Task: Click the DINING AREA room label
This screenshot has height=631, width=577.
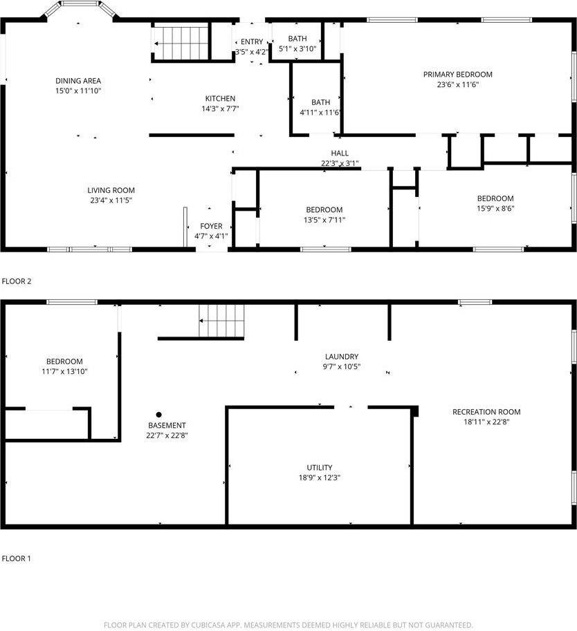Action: pos(78,81)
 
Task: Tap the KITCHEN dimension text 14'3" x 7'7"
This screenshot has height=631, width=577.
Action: pos(220,109)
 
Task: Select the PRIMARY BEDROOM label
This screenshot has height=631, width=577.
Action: pos(458,75)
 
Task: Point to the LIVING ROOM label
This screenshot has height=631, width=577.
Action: pos(111,190)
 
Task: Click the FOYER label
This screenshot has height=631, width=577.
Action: pos(212,226)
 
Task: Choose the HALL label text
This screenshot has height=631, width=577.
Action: pos(340,153)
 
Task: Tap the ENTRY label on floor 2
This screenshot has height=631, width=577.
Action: pos(252,42)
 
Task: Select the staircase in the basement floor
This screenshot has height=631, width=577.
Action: pos(222,321)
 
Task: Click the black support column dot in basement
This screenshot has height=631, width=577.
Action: pos(158,415)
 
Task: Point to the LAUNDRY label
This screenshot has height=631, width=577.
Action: pos(342,357)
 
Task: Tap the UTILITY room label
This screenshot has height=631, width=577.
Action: pos(320,467)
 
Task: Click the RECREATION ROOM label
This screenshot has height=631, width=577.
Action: pos(486,412)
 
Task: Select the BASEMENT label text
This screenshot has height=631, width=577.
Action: pos(167,425)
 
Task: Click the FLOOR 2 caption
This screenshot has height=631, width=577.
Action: pos(17,281)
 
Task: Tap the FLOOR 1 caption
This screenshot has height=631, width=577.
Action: pos(17,558)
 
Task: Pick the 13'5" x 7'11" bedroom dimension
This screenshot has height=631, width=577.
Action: pos(324,220)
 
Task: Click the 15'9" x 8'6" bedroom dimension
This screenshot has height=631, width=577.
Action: pos(495,209)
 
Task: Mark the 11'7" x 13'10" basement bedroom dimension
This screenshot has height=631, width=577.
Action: pos(64,371)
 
